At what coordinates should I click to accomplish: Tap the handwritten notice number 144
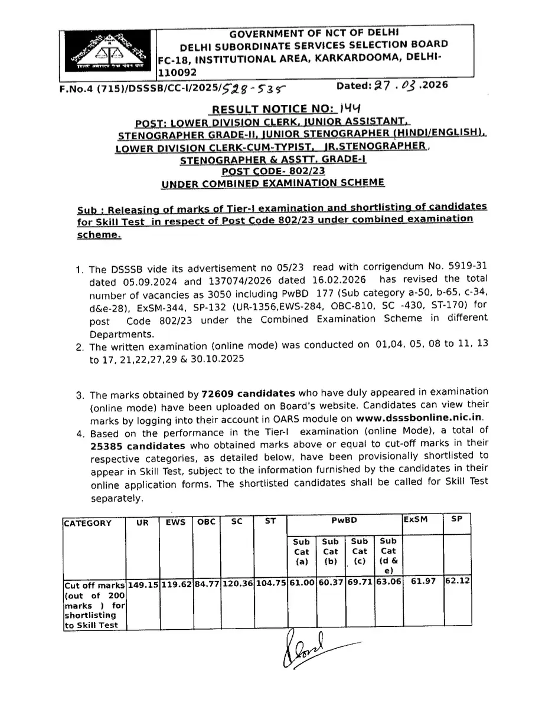point(350,109)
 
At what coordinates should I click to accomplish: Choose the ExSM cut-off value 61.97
point(423,581)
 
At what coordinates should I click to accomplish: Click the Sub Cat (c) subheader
point(359,551)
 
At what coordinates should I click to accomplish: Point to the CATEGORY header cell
point(87,523)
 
